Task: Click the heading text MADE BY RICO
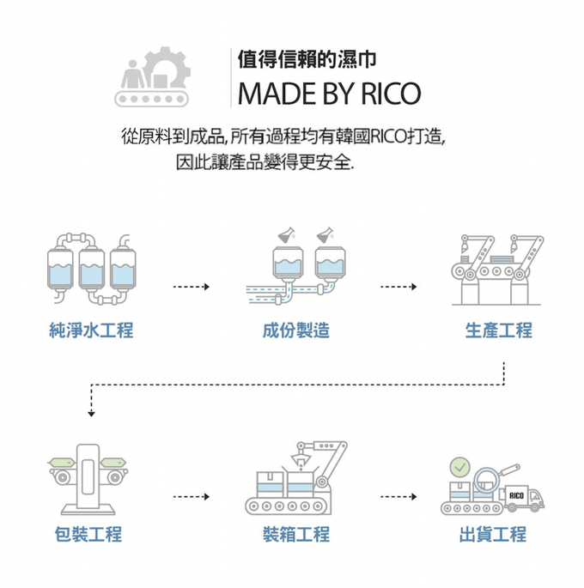pos(330,92)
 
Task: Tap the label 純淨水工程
pos(92,330)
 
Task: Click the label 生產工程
pos(498,330)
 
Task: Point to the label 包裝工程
pos(88,535)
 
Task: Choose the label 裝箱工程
pos(296,535)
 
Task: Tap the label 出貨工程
pos(493,535)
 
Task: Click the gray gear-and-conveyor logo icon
pos(155,79)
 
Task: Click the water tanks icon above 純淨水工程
pos(92,268)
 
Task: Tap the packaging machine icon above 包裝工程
pos(88,475)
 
